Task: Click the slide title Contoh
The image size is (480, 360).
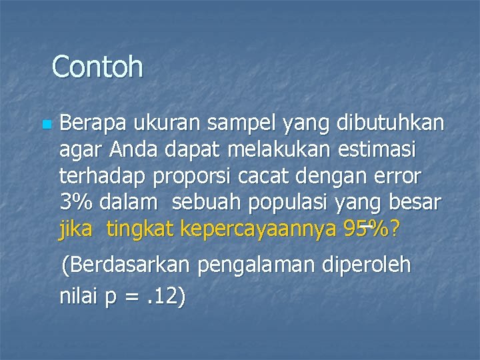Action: tap(97, 66)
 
